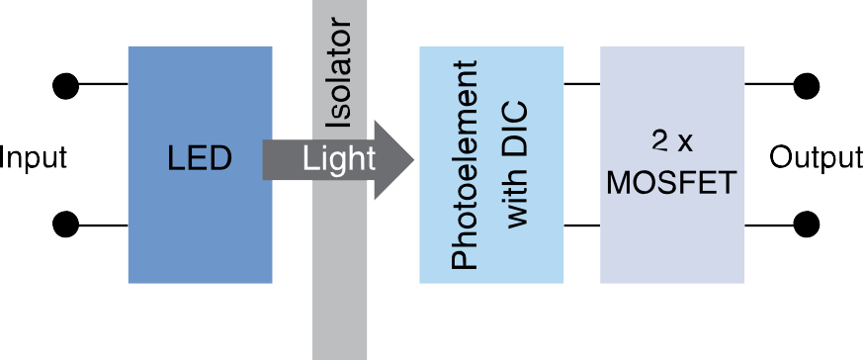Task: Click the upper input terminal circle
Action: [x=66, y=86]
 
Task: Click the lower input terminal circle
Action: [x=66, y=225]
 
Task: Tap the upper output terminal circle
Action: [x=807, y=86]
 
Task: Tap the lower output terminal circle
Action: [x=807, y=225]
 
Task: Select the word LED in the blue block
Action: [x=200, y=158]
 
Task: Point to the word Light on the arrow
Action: [x=339, y=158]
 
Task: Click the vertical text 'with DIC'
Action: [x=518, y=167]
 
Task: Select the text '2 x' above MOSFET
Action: [x=672, y=139]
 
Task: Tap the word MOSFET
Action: [x=672, y=184]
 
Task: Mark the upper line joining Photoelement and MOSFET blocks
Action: [x=582, y=86]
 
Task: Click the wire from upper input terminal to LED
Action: [x=103, y=86]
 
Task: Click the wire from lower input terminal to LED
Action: [x=103, y=225]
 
